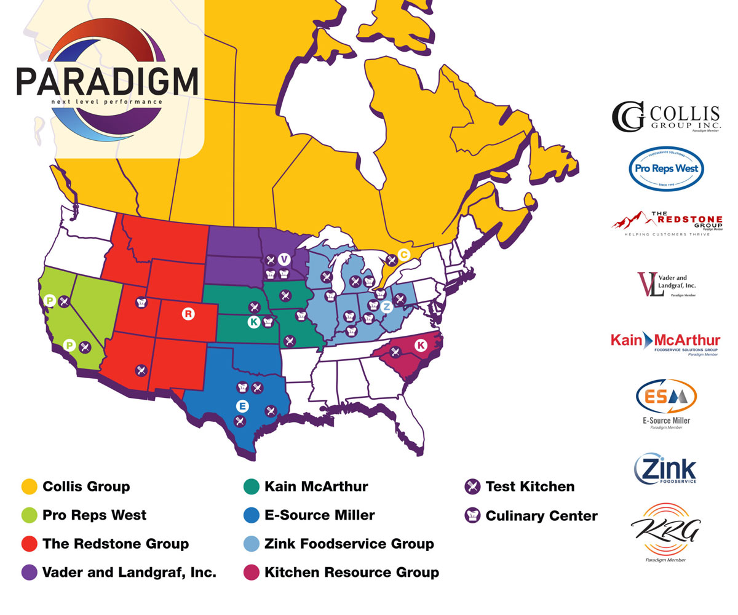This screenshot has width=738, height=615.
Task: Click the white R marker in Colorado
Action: click(x=188, y=314)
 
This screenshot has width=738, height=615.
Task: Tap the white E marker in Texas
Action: click(x=242, y=406)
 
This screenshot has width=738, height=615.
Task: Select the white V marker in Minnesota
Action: click(x=284, y=259)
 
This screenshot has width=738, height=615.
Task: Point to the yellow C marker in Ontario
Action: click(x=403, y=254)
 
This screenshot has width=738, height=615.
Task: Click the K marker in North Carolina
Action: click(x=421, y=346)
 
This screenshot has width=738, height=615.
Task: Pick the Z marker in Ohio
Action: click(x=386, y=307)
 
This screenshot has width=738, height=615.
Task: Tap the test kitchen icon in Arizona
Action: click(x=141, y=370)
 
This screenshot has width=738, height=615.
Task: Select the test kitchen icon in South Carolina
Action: click(x=395, y=352)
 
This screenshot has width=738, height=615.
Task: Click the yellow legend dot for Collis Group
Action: click(x=29, y=486)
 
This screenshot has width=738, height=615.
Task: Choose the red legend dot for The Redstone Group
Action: click(x=29, y=544)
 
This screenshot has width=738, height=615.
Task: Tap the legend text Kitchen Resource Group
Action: click(x=352, y=573)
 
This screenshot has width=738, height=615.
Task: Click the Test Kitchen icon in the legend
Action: click(x=472, y=486)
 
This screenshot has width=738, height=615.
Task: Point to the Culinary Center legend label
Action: click(x=541, y=515)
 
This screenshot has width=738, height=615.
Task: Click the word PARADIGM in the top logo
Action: click(x=107, y=81)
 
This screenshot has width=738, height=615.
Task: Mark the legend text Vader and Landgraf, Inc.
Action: click(x=129, y=573)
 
